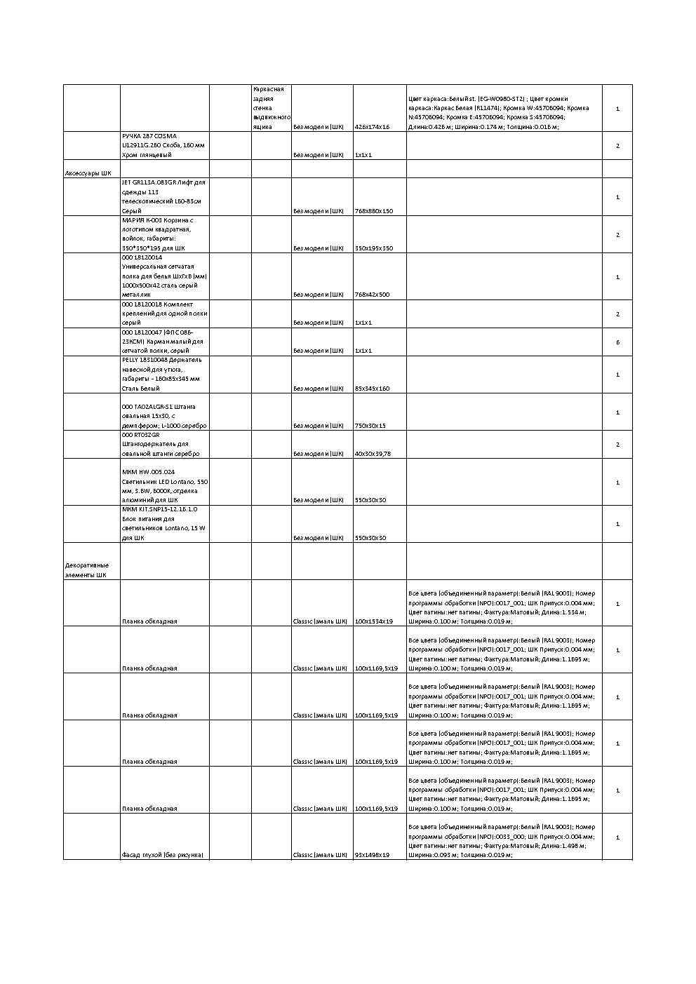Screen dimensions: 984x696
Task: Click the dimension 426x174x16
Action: coord(372,127)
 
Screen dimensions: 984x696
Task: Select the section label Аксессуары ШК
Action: coord(88,173)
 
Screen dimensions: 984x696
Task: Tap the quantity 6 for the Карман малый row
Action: coord(617,342)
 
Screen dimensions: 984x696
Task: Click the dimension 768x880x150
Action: coord(374,211)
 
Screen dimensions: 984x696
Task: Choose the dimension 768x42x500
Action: coord(372,295)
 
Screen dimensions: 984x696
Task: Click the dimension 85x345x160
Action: coord(372,389)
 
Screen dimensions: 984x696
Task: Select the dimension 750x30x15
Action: coord(370,426)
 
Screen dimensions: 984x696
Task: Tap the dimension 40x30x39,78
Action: coord(373,454)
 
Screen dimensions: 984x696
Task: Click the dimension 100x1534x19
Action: coord(374,621)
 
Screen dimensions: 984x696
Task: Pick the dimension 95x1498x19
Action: coord(372,855)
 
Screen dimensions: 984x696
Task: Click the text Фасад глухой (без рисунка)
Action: coord(163,855)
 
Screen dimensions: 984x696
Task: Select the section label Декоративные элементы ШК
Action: coord(87,570)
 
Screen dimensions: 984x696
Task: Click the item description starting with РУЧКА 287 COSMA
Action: coord(163,145)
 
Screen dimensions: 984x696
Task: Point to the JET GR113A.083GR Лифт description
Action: coord(163,196)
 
